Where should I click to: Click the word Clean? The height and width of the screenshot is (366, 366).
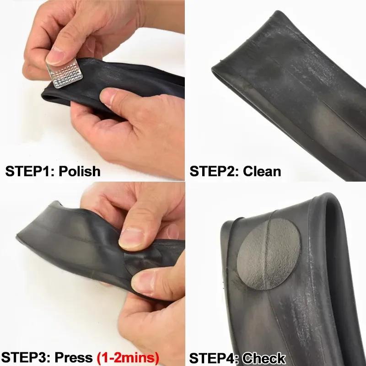(262, 171)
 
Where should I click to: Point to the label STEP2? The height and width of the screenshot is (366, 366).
(214, 171)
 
